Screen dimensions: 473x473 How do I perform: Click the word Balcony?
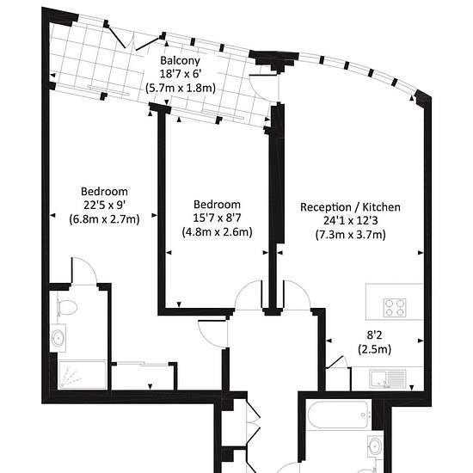(180, 61)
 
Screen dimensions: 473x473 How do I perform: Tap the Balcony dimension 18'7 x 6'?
(180, 74)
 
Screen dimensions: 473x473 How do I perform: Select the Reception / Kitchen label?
(350, 207)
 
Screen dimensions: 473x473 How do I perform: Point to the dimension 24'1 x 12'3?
(350, 220)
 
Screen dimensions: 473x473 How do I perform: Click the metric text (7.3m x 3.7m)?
(350, 235)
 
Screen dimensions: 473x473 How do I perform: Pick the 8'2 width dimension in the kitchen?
(374, 335)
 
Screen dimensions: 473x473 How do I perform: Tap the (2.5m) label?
(374, 349)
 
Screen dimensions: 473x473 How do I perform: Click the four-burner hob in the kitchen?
(395, 307)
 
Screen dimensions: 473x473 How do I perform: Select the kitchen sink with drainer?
(388, 379)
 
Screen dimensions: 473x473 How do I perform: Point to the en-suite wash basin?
(58, 338)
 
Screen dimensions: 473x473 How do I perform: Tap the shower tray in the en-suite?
(82, 375)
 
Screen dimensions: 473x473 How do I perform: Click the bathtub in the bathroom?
(337, 415)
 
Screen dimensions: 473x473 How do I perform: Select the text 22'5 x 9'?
(104, 206)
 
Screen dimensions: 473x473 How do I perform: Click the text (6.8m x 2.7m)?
(104, 218)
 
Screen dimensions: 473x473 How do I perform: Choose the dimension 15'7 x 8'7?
(217, 218)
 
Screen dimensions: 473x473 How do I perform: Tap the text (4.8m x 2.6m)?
(217, 231)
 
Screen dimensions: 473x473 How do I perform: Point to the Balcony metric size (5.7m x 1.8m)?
(180, 88)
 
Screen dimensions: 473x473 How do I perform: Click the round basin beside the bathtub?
(375, 445)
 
